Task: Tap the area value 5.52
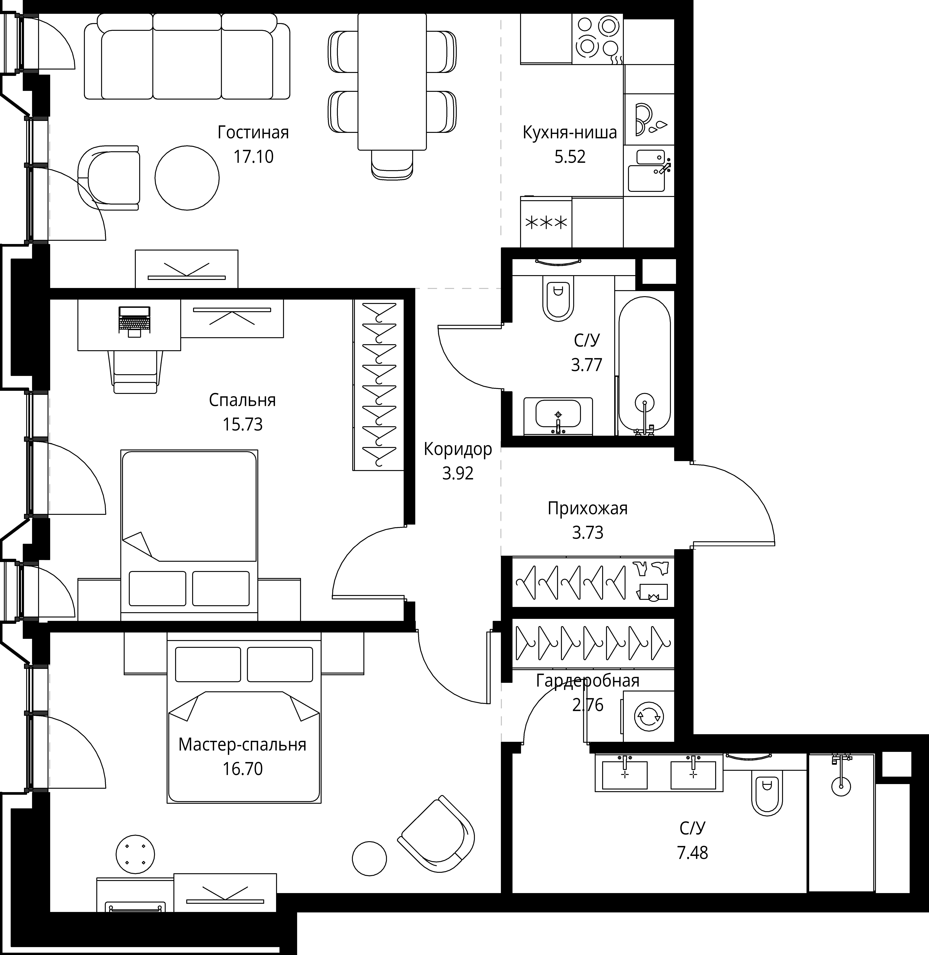pyautogui.click(x=570, y=157)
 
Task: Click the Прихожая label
pyautogui.click(x=587, y=508)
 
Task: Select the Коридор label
pyautogui.click(x=458, y=449)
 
